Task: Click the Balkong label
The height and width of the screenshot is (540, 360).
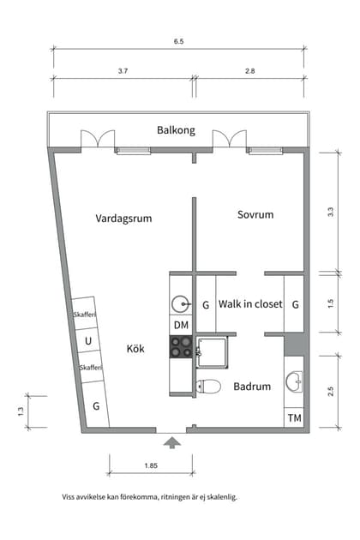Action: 176,130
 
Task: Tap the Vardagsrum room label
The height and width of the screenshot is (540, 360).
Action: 123,219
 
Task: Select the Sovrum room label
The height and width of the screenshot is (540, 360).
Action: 255,214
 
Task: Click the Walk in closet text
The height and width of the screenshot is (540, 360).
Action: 250,304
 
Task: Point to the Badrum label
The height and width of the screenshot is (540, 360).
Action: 252,387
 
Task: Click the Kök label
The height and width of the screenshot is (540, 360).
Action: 135,349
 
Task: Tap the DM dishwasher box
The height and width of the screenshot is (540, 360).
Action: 181,326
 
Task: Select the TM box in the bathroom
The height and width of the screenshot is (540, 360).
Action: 294,418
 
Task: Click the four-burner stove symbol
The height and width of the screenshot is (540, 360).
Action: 181,346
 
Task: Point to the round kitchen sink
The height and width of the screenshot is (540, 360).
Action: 181,303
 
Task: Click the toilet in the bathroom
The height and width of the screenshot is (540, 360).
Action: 207,386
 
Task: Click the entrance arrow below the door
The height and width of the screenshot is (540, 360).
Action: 172,442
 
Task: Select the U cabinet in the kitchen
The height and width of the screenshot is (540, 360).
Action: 87,341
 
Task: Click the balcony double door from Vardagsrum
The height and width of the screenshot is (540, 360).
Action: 97,141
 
